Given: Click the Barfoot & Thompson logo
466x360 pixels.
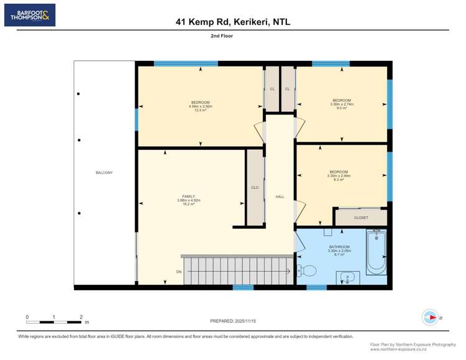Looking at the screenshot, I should [x=30, y=15].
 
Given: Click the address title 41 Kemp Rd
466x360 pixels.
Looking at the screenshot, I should [x=233, y=22].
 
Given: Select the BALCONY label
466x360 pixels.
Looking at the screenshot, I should [x=104, y=172].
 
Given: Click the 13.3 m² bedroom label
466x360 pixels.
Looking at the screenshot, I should [x=200, y=106].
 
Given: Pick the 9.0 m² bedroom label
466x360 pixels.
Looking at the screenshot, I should [x=341, y=104].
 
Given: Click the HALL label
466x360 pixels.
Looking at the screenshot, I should [x=280, y=196].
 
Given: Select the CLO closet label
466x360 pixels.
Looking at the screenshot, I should [x=255, y=187].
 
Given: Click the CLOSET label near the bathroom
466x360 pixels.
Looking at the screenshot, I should [x=361, y=218].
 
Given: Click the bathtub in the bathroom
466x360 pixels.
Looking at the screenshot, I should [x=376, y=252].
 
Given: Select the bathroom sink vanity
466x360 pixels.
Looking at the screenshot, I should [x=349, y=278].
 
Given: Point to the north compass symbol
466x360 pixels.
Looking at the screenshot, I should [x=430, y=317].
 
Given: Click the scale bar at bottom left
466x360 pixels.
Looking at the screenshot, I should [x=54, y=321].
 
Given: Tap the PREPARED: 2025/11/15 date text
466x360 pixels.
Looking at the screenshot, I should [x=233, y=320].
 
